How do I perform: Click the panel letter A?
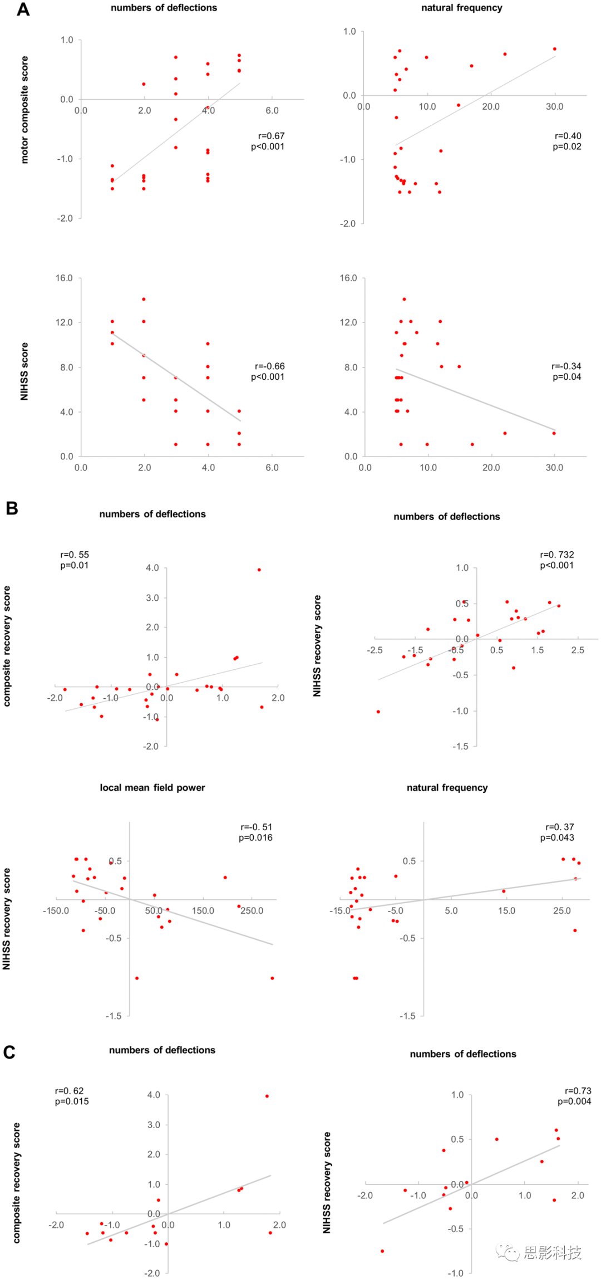tap(23, 9)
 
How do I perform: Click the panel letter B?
tap(12, 508)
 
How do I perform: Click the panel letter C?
tap(9, 1052)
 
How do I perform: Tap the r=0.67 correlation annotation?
tap(271, 136)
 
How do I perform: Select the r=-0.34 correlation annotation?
tap(566, 366)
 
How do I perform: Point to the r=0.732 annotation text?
tap(556, 555)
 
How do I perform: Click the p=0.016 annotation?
tap(255, 837)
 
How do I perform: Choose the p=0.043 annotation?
tap(556, 837)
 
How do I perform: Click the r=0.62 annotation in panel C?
tap(69, 1091)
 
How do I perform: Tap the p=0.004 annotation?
tap(574, 1101)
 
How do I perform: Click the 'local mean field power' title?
tap(152, 787)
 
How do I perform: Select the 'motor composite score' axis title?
tap(24, 110)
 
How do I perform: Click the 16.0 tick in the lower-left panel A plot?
tap(64, 278)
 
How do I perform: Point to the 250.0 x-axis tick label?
tap(252, 911)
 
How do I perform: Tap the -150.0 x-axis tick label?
tap(56, 911)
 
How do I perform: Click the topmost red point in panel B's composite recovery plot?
tap(259, 570)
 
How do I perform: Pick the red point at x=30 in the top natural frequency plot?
tap(555, 49)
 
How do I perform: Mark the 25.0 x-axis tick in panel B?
tap(561, 911)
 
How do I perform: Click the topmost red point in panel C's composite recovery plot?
tap(267, 1096)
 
